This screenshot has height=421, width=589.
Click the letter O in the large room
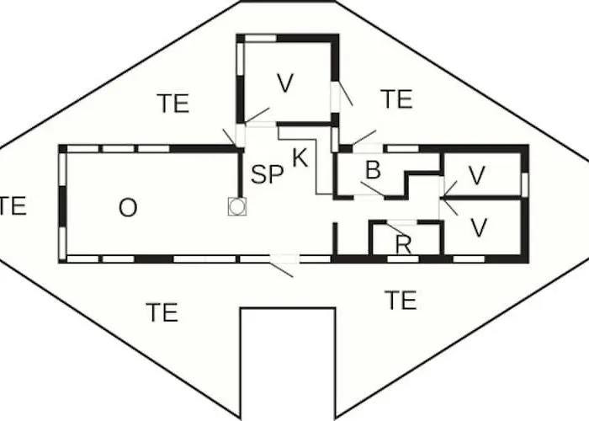pyautogui.click(x=128, y=207)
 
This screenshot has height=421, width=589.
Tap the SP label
pyautogui.click(x=267, y=174)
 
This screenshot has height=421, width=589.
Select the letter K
pyautogui.click(x=300, y=158)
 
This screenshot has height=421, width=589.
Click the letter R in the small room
pyautogui.click(x=403, y=245)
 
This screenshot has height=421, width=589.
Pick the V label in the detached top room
pyautogui.click(x=285, y=83)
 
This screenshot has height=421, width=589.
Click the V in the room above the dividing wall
pyautogui.click(x=477, y=175)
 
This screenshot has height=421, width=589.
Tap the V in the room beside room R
pyautogui.click(x=479, y=228)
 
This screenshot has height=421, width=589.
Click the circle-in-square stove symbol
pyautogui.click(x=237, y=206)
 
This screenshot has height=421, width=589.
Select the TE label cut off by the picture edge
pyautogui.click(x=13, y=205)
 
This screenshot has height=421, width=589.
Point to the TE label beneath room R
pyautogui.click(x=401, y=300)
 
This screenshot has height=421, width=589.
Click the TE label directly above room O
pyautogui.click(x=172, y=104)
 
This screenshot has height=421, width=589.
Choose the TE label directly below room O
pyautogui.click(x=162, y=312)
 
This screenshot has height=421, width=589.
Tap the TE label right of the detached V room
pyautogui.click(x=396, y=99)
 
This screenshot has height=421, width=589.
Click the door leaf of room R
pyautogui.click(x=395, y=228)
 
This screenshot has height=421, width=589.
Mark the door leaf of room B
pyautogui.click(x=373, y=189)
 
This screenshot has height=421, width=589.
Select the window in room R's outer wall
pyautogui.click(x=403, y=259)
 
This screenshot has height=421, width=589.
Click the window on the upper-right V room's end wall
pyautogui.click(x=525, y=184)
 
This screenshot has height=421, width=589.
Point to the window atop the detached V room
pyautogui.click(x=261, y=38)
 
